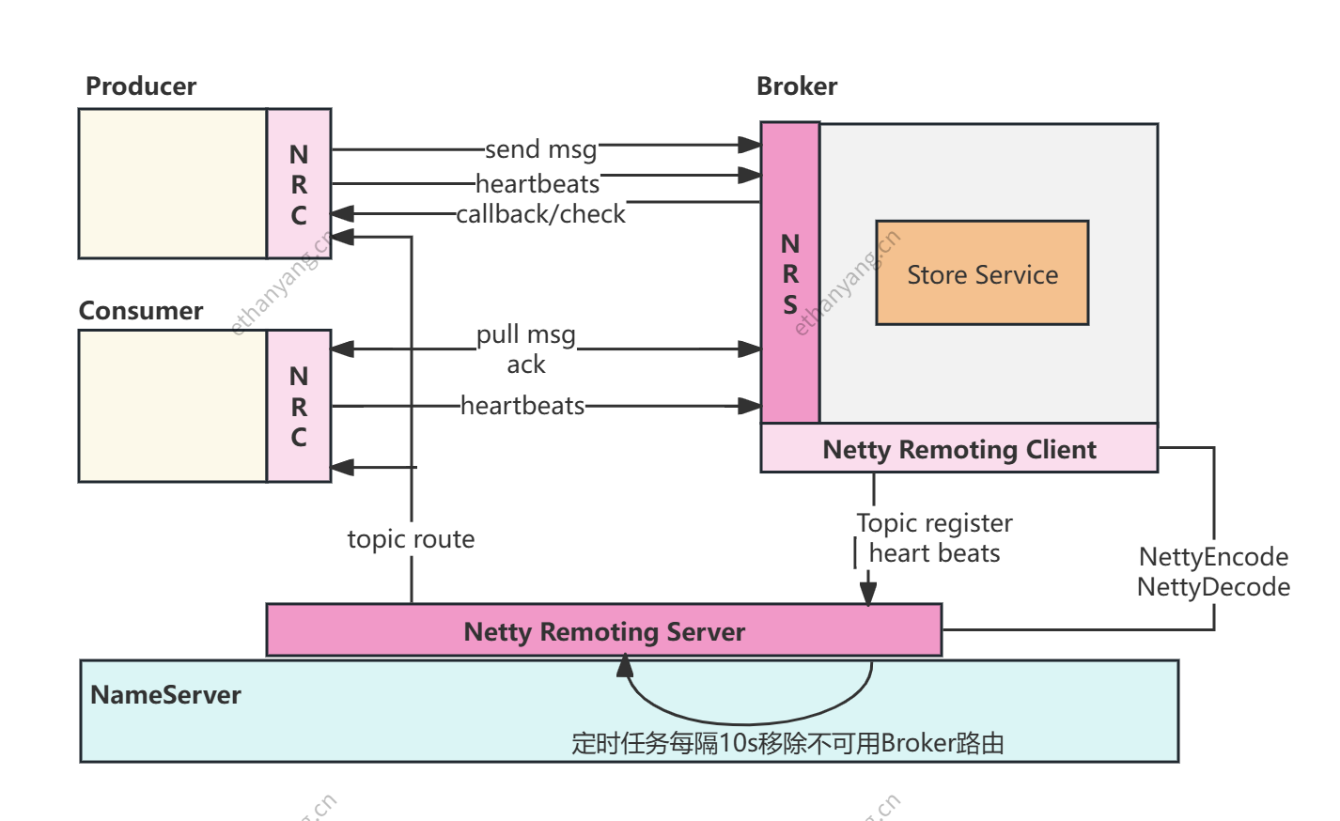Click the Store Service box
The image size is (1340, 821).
982,273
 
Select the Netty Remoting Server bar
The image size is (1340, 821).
604,630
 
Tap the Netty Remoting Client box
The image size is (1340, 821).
958,449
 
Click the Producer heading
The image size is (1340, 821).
141,86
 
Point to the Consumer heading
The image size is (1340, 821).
141,311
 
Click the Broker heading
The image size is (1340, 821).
797,86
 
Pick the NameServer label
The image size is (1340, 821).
165,695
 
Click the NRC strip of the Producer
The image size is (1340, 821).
299,184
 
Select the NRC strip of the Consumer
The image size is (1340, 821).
299,406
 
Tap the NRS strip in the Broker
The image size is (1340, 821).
790,273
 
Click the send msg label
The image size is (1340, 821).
540,149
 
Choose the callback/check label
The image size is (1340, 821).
540,214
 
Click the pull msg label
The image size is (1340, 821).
525,334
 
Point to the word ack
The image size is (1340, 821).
525,364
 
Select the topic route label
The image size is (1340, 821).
411,539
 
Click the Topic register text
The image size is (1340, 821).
934,522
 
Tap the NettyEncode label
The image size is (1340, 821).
1213,556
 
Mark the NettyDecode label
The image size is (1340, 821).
1213,587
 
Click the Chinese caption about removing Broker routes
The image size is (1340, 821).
787,743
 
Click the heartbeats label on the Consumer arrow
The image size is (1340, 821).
522,406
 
